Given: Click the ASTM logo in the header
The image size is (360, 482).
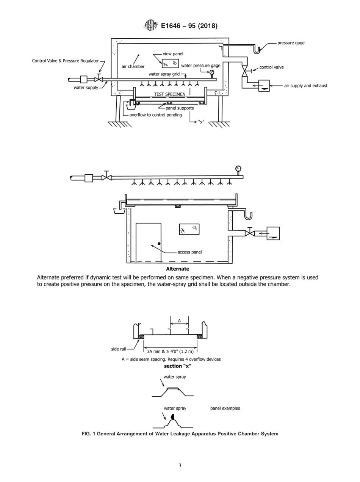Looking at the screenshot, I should [x=151, y=26].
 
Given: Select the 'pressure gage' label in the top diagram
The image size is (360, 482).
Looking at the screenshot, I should [x=291, y=43].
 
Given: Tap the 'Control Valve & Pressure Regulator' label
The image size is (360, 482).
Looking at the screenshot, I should [x=65, y=61].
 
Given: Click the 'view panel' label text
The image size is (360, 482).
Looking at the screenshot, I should [x=172, y=54].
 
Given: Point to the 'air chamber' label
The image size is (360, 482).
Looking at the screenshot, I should [x=133, y=66].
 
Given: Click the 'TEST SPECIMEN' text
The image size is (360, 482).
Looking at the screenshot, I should [x=169, y=94].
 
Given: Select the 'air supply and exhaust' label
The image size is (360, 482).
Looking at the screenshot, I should [x=306, y=86].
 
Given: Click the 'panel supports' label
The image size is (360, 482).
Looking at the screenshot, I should [x=179, y=108].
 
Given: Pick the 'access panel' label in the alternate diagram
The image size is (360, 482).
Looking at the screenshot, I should [x=189, y=252].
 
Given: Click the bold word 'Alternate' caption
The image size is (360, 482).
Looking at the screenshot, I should [x=177, y=269].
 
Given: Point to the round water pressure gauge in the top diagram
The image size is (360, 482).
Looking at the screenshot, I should [x=211, y=72].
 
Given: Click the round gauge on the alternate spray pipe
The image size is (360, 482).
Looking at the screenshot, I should [x=238, y=169].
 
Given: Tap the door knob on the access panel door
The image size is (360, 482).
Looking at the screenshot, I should [x=159, y=243].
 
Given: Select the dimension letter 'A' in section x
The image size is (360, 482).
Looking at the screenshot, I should [x=180, y=321].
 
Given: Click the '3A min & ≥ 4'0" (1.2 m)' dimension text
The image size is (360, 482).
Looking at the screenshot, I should [x=170, y=351].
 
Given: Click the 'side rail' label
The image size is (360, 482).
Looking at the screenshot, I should [x=118, y=349].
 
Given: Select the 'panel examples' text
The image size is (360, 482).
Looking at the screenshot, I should [x=225, y=408].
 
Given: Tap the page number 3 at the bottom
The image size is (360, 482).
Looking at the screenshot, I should [x=180, y=465].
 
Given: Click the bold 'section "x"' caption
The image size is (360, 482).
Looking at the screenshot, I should [x=177, y=366].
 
